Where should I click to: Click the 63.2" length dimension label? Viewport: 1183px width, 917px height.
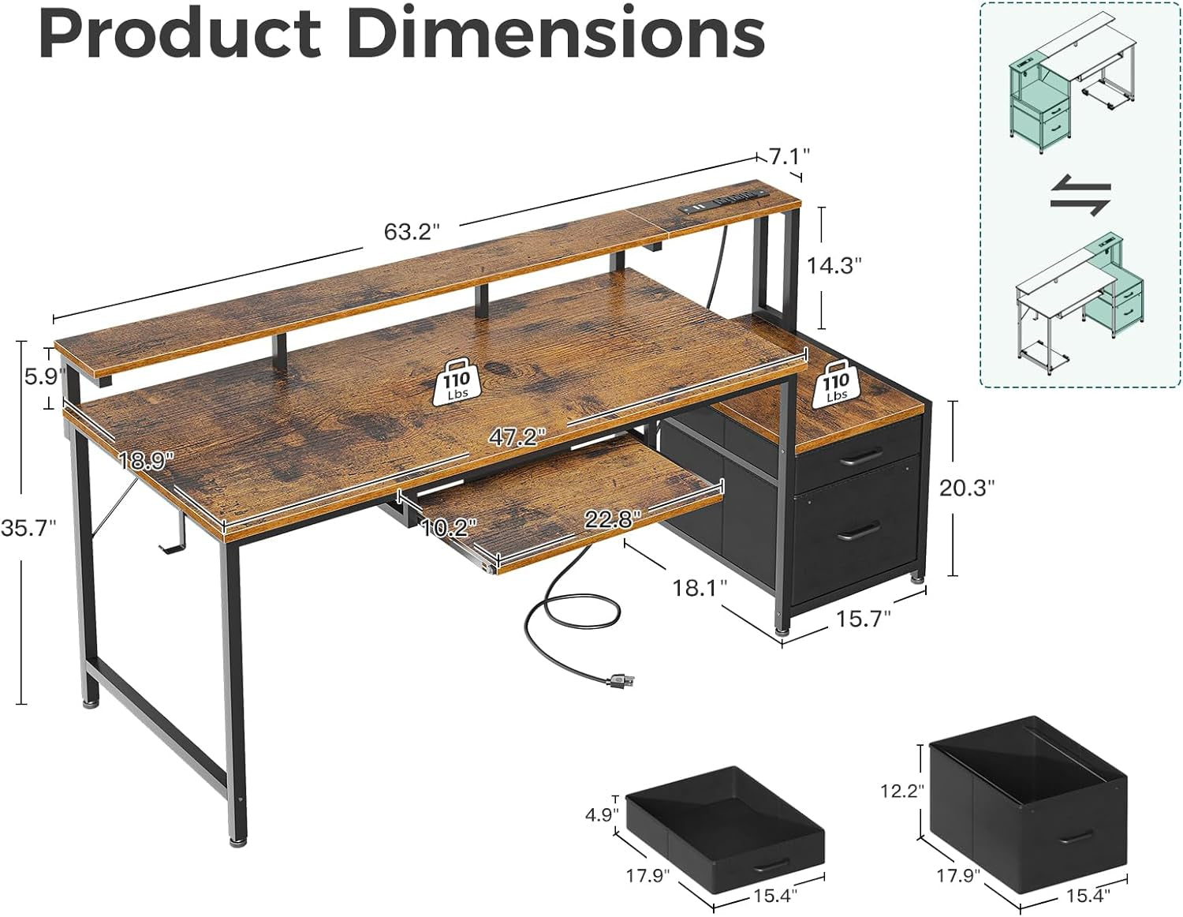(x=411, y=232)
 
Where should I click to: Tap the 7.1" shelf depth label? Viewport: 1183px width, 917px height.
(x=789, y=156)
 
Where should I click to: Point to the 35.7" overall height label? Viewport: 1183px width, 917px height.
(x=28, y=528)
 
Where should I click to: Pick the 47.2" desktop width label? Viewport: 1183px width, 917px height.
(x=517, y=437)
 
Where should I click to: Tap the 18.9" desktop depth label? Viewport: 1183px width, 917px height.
(x=147, y=461)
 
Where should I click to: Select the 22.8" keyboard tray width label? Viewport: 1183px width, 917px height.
(x=612, y=519)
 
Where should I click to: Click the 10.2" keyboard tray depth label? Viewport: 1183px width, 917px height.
(x=450, y=526)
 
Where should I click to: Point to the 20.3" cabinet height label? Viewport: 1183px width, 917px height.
(x=967, y=488)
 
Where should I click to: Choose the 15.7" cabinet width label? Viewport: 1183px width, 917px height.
(x=864, y=618)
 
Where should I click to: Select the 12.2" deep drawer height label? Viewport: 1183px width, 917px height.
(x=901, y=789)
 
